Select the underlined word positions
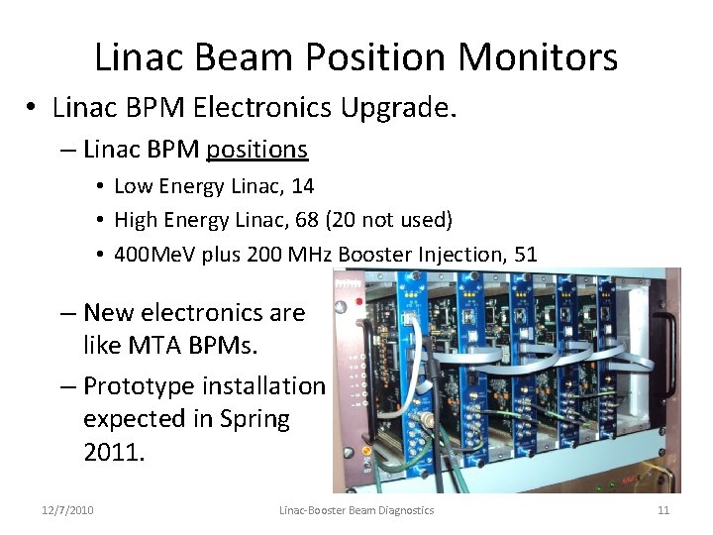(257, 150)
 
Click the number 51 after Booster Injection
(525, 255)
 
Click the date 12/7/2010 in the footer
(68, 510)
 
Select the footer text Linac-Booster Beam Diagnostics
(356, 510)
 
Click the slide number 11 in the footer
(663, 510)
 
